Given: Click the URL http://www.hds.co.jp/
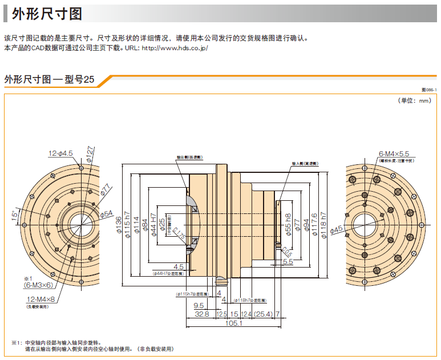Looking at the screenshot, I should point(174,48).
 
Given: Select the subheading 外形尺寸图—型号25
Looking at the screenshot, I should point(49,79).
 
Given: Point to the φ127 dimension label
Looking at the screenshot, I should point(90,153).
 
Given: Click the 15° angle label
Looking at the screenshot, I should point(15,216).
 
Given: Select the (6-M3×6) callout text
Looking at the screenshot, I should point(39,284).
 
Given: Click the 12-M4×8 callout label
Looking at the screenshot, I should point(41,299).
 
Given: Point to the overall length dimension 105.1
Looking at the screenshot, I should point(233,323).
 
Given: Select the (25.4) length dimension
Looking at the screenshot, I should point(263,314).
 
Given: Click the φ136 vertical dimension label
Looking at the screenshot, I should point(119,226).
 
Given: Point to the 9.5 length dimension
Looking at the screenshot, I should point(198,305).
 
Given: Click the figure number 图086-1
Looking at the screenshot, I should point(428,90).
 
